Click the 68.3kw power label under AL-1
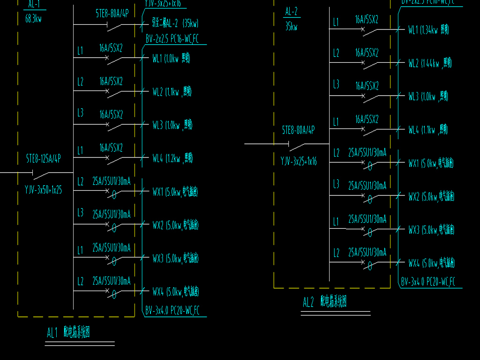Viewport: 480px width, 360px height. [x=33, y=20]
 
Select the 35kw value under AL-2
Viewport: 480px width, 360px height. [x=291, y=27]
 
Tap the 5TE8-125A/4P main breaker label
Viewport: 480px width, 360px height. [x=43, y=159]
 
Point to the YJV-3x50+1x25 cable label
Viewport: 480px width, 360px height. [x=43, y=190]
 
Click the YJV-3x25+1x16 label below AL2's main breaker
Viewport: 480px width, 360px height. [x=299, y=162]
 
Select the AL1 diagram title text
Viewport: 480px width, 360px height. [x=68, y=333]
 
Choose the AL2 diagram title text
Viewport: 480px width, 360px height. [x=324, y=302]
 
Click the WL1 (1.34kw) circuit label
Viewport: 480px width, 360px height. [x=428, y=30]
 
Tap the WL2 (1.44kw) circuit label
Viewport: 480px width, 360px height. [x=430, y=63]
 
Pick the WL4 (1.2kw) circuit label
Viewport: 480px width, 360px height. [x=172, y=158]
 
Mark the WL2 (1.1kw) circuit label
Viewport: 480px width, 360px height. [x=172, y=92]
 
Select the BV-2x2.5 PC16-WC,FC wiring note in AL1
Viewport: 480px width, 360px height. [x=172, y=39]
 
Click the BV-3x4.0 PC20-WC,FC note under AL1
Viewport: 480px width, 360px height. [x=172, y=310]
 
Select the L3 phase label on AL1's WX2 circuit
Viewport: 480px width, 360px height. [x=81, y=213]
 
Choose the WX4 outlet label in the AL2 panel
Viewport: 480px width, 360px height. [x=431, y=263]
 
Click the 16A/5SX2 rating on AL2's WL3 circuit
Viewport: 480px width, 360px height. [x=367, y=86]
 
